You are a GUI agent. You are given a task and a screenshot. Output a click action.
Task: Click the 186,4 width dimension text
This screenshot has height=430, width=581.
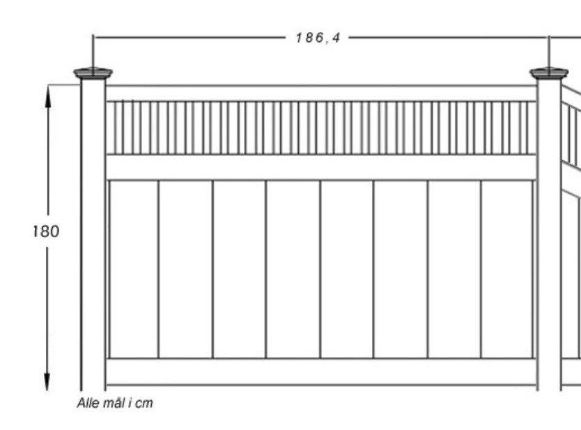click(318, 38)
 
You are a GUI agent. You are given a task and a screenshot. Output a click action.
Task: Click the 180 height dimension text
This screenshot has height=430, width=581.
click(46, 231)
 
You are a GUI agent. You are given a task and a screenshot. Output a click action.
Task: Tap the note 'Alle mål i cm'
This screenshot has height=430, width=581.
click(115, 403)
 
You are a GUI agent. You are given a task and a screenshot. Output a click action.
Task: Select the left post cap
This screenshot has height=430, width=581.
click(93, 73)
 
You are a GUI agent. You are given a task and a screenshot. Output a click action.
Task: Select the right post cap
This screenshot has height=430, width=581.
click(549, 73)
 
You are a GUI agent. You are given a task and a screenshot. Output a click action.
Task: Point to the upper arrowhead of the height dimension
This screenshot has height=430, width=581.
click(47, 95)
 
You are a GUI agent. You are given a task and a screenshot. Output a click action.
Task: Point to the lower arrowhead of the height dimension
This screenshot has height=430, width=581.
click(47, 380)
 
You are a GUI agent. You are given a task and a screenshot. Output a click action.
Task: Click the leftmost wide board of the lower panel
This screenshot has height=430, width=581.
click(134, 270)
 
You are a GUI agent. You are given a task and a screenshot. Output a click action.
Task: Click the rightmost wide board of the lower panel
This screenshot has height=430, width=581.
click(507, 270)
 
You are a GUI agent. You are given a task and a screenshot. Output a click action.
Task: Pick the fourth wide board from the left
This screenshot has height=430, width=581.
click(293, 270)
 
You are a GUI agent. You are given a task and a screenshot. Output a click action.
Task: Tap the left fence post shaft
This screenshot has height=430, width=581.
click(93, 235)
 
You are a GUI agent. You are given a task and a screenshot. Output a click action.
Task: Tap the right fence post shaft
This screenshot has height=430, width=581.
click(549, 235)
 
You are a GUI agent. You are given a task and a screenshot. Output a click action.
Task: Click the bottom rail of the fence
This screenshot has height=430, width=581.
click(321, 371)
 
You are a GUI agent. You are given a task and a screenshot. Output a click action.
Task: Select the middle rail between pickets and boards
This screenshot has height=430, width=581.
click(321, 167)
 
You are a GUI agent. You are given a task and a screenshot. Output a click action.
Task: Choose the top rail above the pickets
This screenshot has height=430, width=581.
click(321, 93)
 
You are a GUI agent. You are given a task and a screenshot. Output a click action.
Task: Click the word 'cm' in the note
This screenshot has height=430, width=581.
click(144, 404)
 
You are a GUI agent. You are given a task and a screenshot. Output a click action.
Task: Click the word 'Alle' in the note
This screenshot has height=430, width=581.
click(88, 403)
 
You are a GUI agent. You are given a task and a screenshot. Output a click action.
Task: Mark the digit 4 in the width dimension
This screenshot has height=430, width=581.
click(336, 38)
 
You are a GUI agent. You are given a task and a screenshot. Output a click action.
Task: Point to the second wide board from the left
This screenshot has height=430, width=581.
click(186, 270)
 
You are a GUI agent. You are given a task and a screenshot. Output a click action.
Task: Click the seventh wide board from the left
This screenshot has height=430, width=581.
click(455, 270)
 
